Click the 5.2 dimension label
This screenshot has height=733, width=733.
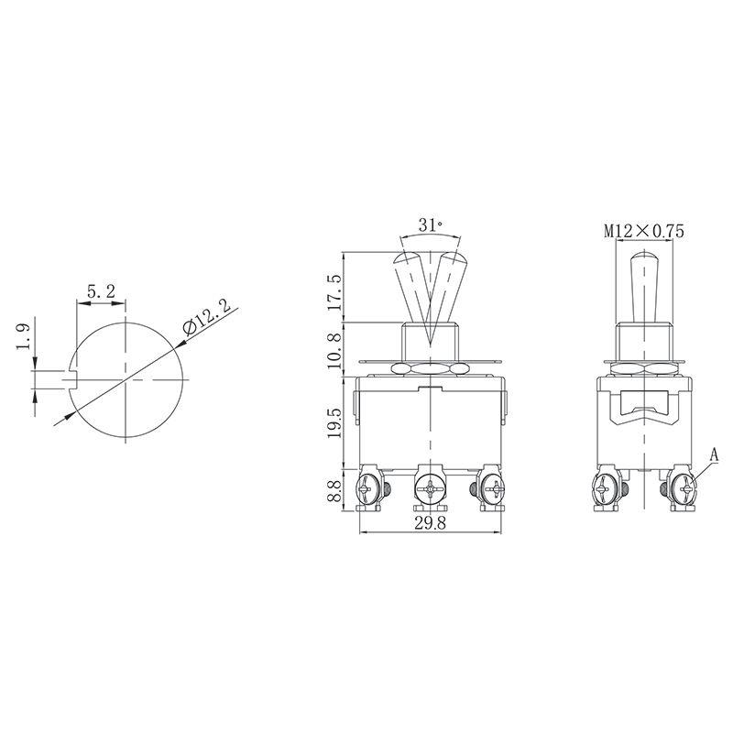pos(101,291)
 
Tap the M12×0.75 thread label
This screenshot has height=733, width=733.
pos(644,231)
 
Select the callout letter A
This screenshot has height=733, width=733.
pos(716,454)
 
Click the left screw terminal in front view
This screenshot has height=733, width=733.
pos(371,489)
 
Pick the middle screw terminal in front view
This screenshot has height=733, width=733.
pos(429,489)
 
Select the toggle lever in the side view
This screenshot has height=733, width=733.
pos(644,284)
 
